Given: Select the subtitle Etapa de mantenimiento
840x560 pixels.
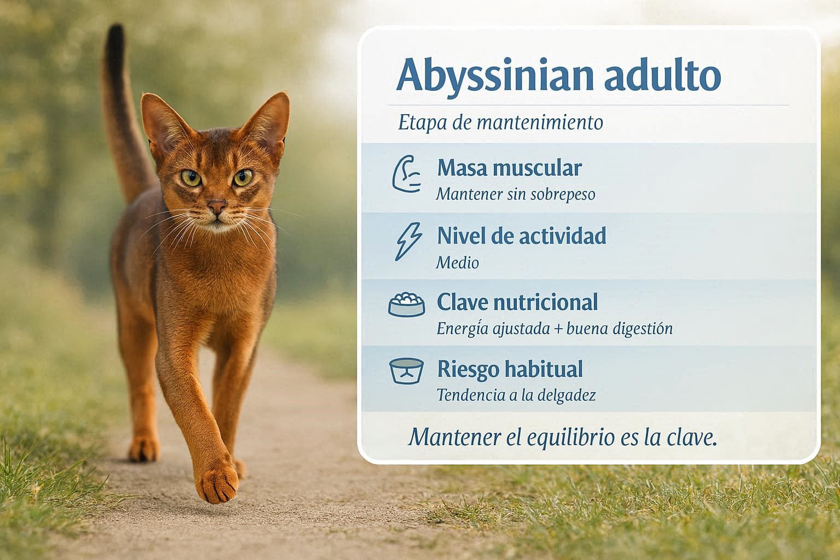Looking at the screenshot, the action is click(500, 122).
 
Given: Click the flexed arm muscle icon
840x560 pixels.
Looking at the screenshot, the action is click(406, 174).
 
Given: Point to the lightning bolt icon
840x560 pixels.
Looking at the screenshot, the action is click(408, 241).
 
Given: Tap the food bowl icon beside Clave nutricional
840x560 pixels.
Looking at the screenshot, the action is click(406, 304).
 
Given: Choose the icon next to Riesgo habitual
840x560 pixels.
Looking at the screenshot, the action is click(406, 371).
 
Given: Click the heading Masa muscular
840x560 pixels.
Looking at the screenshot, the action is click(509, 168).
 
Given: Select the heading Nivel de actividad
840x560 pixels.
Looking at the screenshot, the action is click(522, 235).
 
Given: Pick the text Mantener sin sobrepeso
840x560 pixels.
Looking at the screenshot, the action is click(516, 194).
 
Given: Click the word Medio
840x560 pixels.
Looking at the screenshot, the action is click(458, 262).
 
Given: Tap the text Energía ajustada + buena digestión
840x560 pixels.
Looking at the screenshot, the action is click(555, 329).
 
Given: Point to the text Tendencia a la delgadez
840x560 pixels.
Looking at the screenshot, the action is click(516, 395).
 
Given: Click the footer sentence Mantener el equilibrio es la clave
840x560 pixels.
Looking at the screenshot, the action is click(563, 437).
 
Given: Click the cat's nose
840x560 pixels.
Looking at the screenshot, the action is click(217, 207).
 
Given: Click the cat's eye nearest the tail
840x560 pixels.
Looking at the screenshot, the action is click(191, 178).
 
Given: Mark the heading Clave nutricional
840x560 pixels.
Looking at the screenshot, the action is click(517, 302).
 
